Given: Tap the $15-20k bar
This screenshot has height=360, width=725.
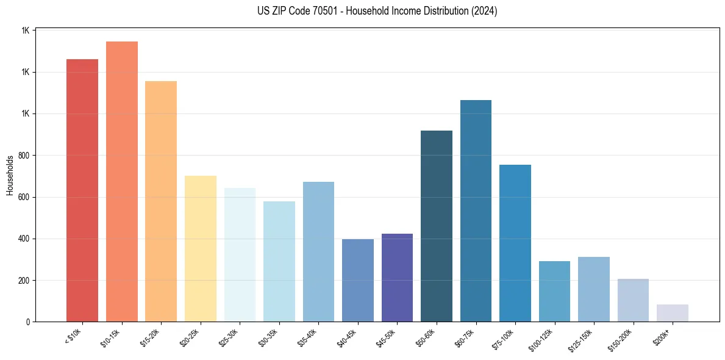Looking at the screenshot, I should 161,201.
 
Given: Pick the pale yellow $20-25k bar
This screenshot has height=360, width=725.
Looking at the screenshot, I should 201,248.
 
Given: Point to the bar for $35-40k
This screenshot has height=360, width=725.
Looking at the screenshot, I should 318,251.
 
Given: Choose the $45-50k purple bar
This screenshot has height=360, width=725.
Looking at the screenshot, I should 397,278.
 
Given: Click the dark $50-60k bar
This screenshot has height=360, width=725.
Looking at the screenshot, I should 437,226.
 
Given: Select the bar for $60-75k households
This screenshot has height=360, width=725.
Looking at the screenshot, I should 476,211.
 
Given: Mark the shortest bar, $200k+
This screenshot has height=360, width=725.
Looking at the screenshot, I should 673,313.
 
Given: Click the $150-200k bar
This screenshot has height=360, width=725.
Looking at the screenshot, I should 633,300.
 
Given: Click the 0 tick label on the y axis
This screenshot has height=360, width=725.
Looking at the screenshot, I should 29,322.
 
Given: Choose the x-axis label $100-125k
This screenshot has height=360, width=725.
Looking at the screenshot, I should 543,339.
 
